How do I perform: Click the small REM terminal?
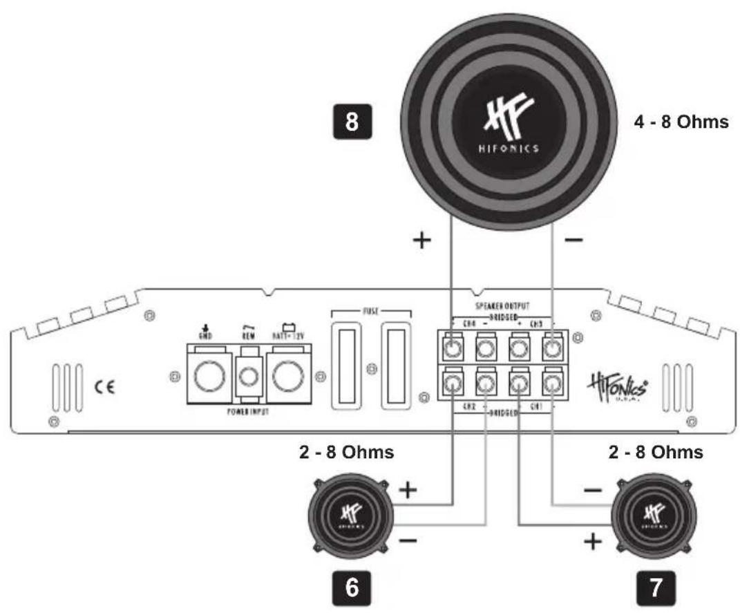click(x=249, y=377)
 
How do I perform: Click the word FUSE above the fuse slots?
click(x=370, y=312)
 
